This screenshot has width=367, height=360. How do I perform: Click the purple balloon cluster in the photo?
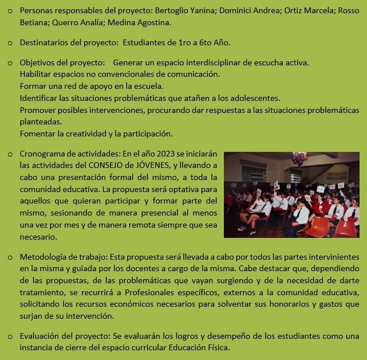(x=299, y=158)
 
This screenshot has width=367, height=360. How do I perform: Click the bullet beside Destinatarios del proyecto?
(x=10, y=43)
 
